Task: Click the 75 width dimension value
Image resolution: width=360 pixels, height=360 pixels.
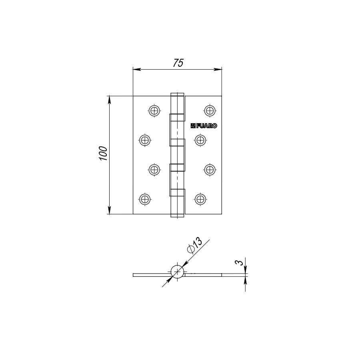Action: tap(178, 63)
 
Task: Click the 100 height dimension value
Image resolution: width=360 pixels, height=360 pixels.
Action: tap(103, 154)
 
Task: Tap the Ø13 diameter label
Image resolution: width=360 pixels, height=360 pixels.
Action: tap(194, 246)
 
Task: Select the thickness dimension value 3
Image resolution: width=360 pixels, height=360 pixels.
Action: tap(239, 263)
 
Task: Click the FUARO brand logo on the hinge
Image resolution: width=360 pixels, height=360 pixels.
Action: tap(204, 126)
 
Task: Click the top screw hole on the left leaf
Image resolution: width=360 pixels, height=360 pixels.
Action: tap(154, 110)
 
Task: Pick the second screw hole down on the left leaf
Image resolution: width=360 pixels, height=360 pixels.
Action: tap(145, 140)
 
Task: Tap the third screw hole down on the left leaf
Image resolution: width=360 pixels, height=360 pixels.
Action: tap(154, 169)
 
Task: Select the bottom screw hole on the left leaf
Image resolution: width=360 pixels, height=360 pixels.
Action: tap(145, 198)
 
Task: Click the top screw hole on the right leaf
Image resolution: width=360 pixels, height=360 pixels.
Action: tap(209, 110)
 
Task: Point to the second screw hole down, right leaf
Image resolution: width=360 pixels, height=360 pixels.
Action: tap(200, 140)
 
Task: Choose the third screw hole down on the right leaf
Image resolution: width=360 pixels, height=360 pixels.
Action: tap(209, 169)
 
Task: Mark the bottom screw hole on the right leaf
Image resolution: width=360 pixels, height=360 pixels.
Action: tap(200, 198)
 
